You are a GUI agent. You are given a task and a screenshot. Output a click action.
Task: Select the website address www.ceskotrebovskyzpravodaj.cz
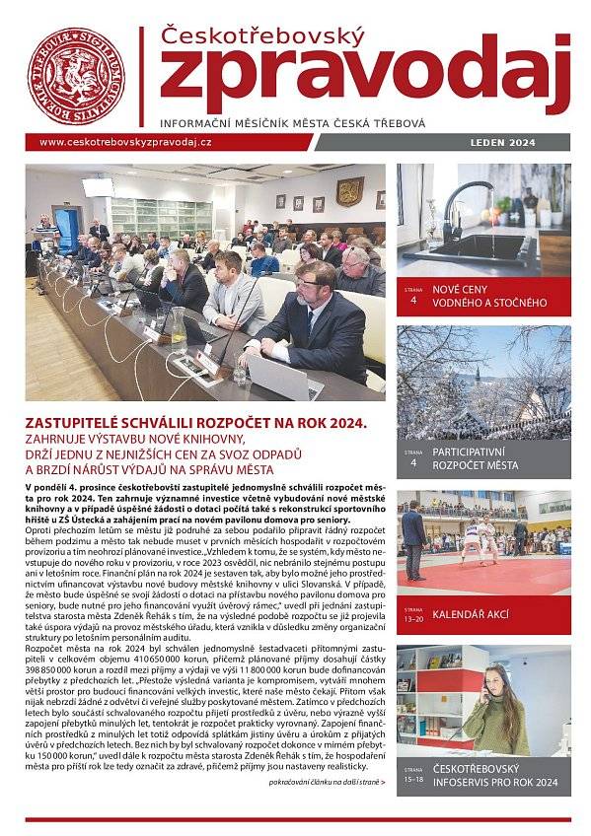[x=125, y=142]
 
